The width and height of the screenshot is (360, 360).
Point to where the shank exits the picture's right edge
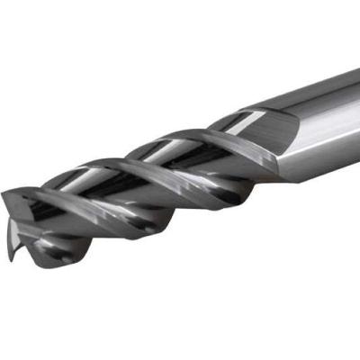pyautogui.click(x=355, y=117)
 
